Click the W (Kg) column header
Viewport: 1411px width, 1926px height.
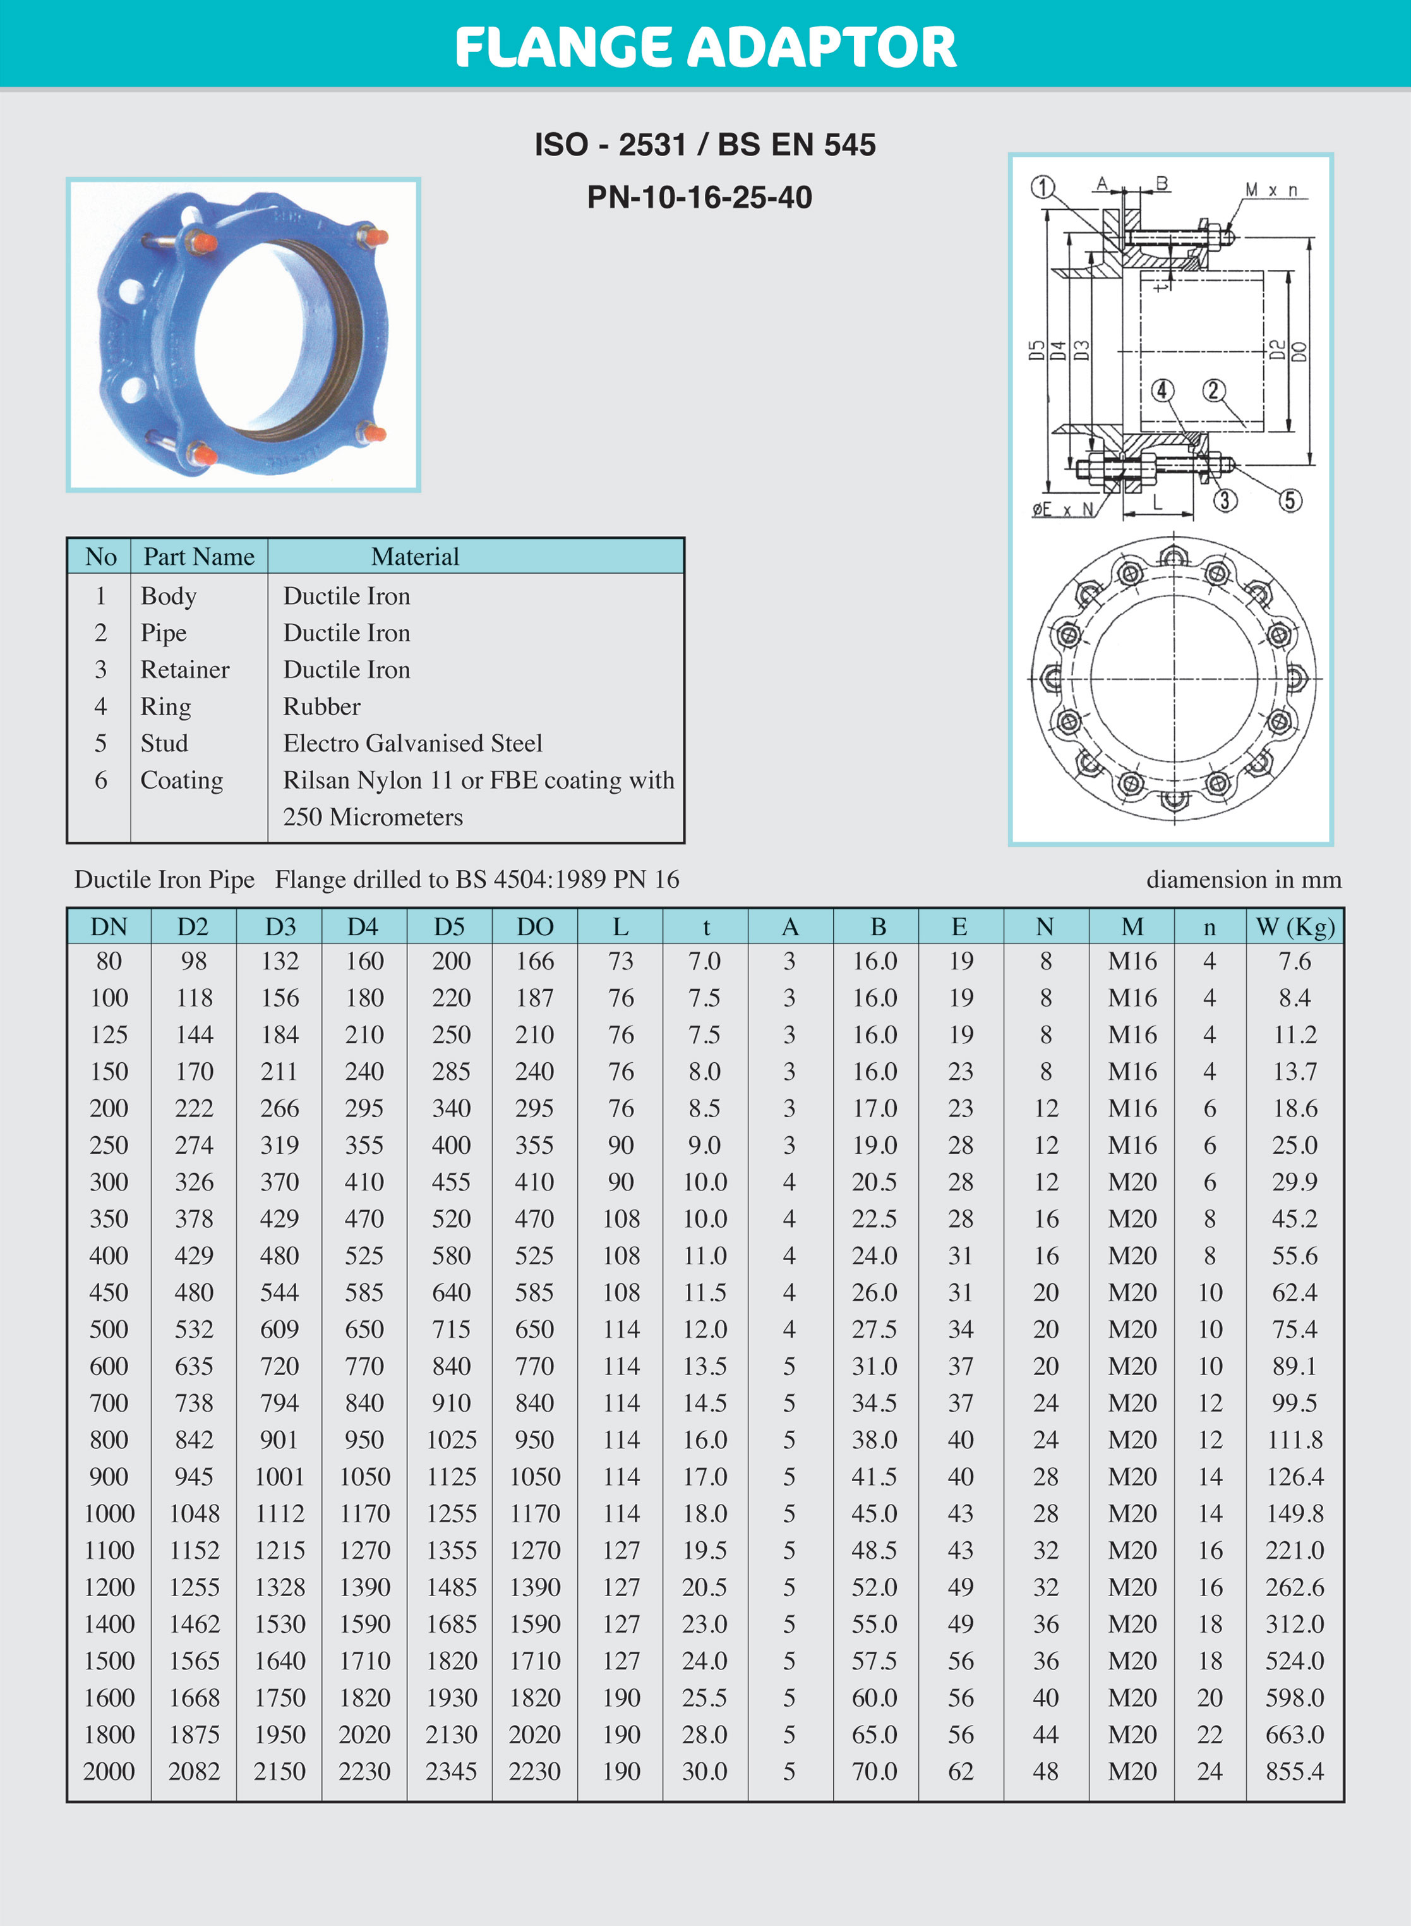[1294, 926]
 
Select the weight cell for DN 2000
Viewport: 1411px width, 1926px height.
[1294, 1771]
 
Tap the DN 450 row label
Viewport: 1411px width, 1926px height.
[109, 1292]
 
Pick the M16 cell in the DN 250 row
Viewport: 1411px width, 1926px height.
[1132, 1145]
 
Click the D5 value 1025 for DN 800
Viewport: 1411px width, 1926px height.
[451, 1440]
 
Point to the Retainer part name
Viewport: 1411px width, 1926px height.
[184, 669]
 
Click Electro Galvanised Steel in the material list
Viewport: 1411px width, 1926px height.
[412, 743]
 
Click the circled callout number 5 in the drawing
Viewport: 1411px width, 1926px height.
[1290, 500]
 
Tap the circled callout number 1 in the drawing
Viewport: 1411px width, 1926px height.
[1042, 187]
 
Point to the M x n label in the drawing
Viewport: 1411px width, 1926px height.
[1271, 190]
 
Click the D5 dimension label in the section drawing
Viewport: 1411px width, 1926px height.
[1036, 350]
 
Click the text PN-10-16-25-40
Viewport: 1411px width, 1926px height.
[700, 197]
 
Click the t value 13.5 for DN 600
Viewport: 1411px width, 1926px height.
[705, 1366]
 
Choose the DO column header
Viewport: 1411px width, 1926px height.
[535, 926]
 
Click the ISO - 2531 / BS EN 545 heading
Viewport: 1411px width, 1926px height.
[705, 145]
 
